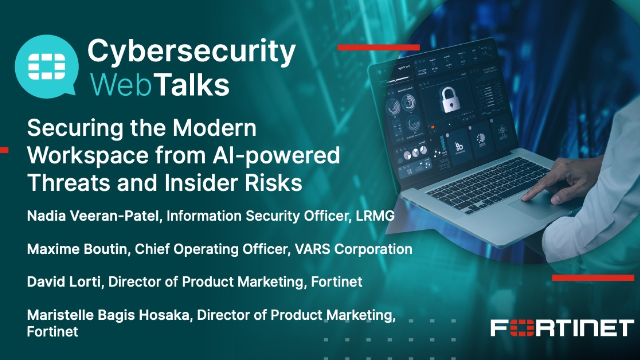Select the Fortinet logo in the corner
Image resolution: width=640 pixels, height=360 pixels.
click(561, 328)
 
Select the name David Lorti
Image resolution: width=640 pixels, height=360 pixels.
click(59, 281)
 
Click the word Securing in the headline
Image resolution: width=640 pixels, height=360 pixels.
click(70, 129)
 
